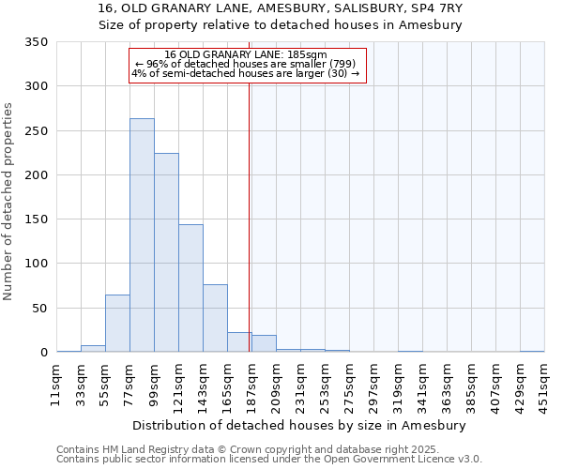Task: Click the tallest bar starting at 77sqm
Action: (142, 235)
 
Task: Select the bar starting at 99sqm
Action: (166, 253)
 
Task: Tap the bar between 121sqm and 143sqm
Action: (190, 289)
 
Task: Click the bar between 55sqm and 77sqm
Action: (117, 324)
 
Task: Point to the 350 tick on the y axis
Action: (38, 42)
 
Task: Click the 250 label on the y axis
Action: (38, 131)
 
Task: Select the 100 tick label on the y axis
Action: (38, 264)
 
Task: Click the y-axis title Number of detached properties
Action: (9, 202)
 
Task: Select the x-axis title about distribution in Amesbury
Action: (298, 425)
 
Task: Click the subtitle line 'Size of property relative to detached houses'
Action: (281, 25)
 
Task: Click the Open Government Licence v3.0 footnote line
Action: (269, 460)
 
